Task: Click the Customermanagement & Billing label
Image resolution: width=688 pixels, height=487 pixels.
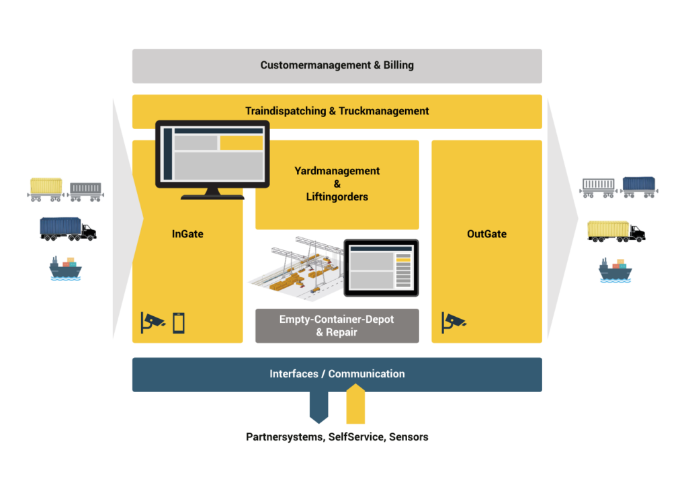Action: point(337,65)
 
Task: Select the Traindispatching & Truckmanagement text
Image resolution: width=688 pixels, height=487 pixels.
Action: point(337,111)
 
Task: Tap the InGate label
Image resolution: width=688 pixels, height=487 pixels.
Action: point(187,234)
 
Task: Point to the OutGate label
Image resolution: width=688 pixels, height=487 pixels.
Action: point(486,234)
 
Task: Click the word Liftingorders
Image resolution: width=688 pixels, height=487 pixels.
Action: point(337,197)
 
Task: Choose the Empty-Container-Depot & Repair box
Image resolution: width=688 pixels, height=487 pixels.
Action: point(337,326)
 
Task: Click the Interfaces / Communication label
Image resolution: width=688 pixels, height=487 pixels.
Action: point(337,374)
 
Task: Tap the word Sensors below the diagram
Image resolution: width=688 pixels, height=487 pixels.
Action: point(408,437)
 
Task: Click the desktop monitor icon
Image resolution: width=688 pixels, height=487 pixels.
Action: point(212,157)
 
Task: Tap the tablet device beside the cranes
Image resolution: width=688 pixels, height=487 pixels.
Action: point(381,268)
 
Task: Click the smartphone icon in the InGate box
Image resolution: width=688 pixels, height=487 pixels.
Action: point(179,324)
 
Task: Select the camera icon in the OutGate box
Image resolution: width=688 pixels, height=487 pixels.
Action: point(454,322)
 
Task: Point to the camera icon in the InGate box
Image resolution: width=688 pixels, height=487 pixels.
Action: point(152,322)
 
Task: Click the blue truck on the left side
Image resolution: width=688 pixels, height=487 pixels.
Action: point(67,229)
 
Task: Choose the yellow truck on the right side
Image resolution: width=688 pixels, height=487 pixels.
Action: point(616,231)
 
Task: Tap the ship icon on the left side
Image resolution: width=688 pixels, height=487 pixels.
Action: point(65,268)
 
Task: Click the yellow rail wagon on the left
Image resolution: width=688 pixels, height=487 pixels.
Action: point(46,188)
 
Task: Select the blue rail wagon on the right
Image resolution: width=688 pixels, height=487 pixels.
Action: point(639,186)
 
